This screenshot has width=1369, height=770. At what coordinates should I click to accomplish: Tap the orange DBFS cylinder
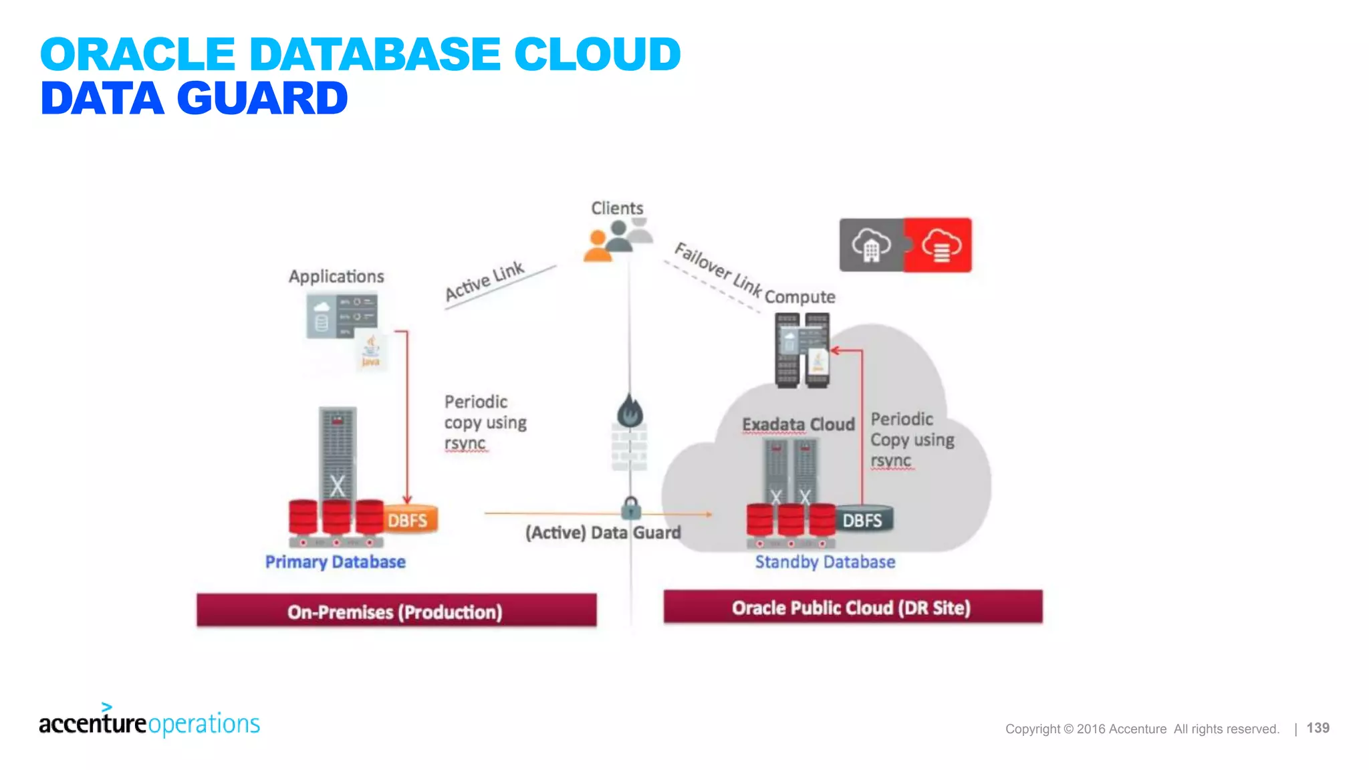[409, 520]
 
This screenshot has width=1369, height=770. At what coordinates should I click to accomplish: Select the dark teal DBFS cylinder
[863, 519]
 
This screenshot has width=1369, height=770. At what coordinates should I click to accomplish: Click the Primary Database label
[335, 561]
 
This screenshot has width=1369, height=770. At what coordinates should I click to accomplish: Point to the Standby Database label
[825, 561]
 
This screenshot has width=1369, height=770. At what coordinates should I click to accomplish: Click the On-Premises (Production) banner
[396, 611]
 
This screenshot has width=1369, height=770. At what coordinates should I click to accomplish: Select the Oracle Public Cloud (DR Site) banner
[852, 607]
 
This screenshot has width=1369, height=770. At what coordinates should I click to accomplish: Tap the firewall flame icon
[629, 411]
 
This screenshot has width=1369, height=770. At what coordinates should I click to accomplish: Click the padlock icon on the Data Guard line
[630, 508]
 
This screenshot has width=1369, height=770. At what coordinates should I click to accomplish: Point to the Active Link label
[485, 281]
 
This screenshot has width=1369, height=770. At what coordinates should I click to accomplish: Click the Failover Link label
[718, 269]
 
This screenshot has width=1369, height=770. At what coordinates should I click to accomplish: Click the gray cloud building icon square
[871, 245]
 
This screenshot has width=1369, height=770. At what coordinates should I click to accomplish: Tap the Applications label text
[336, 276]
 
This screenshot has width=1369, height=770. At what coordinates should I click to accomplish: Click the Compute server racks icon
[802, 350]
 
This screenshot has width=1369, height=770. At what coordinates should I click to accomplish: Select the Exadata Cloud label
[798, 424]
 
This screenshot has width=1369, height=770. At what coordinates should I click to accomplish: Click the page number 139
[1318, 728]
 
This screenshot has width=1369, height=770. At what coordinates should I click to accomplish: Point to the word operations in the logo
[204, 724]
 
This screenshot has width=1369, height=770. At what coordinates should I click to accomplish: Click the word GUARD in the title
[262, 98]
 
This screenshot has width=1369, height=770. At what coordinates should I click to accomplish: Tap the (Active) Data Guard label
[603, 533]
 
